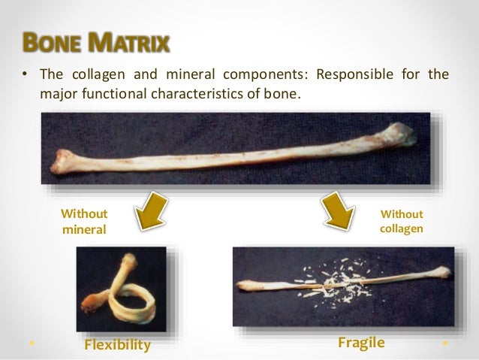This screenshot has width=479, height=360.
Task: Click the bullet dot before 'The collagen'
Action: point(24,76)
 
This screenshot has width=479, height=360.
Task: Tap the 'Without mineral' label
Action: point(83,221)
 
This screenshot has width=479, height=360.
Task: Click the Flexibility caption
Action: point(117,345)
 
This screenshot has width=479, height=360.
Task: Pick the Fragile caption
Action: point(361,343)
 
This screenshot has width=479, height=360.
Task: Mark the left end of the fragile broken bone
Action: point(247,286)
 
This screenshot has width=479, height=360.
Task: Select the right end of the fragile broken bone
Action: point(442,272)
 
